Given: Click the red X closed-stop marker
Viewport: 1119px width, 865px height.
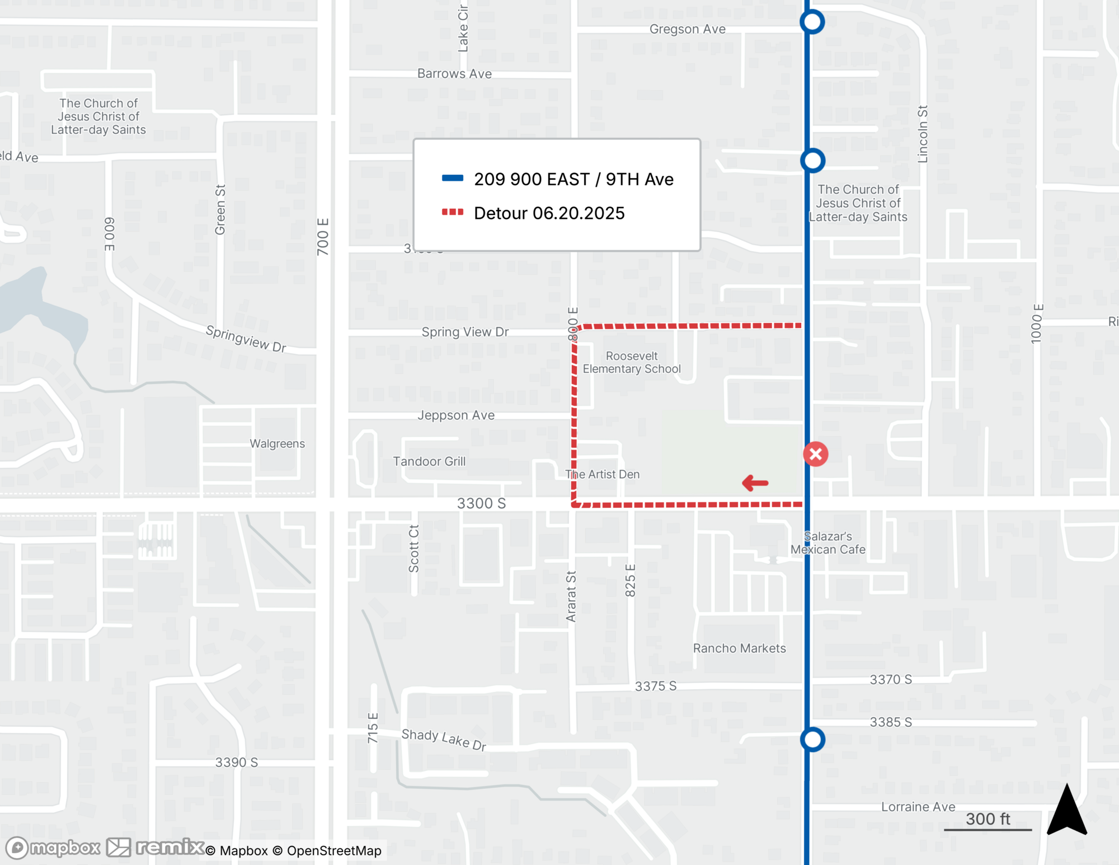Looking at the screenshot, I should [x=816, y=454].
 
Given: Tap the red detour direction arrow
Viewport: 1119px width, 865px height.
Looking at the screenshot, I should [x=755, y=483].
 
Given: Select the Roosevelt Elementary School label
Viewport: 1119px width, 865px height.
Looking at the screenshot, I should [x=632, y=362].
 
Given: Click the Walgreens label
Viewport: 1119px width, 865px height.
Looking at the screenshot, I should [x=277, y=443].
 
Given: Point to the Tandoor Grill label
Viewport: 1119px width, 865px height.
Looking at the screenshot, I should [x=429, y=461].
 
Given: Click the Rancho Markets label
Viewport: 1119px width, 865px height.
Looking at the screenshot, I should [x=739, y=648].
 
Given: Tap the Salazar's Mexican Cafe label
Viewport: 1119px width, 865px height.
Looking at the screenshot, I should [x=828, y=543].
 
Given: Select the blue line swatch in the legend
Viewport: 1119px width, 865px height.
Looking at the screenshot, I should [x=453, y=179].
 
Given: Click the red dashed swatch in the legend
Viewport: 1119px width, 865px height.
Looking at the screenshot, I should [x=453, y=212].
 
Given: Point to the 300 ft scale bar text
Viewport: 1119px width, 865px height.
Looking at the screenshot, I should [x=988, y=819].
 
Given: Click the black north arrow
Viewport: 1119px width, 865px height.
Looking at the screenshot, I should [x=1067, y=810].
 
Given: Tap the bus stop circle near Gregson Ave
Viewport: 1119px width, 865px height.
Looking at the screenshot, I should [x=812, y=22].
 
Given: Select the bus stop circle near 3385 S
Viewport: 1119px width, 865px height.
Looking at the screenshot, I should [x=812, y=740].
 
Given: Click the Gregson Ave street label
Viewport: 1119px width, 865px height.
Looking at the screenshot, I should [x=687, y=29].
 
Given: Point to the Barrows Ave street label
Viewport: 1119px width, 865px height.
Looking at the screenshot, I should [x=454, y=74].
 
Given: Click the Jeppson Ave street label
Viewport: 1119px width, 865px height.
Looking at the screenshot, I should [x=456, y=415].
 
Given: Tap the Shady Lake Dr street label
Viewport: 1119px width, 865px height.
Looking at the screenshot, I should [x=444, y=740].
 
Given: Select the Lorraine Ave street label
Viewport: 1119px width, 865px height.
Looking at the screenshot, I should [x=918, y=807].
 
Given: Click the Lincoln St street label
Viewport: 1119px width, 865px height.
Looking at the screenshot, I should [x=923, y=134].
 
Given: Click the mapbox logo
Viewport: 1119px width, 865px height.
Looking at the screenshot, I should [x=53, y=848].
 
